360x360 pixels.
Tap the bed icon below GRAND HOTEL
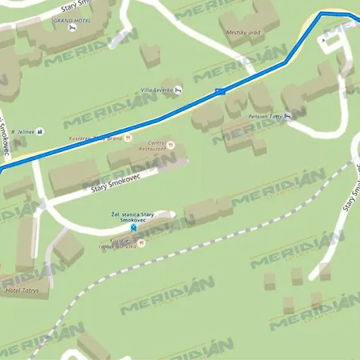pyautogui.click(x=74, y=29)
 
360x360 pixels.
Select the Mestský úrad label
pyautogui.click(x=244, y=33)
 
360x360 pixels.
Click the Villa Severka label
pyautogui.click(x=157, y=90)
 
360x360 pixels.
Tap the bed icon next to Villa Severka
pyautogui.click(x=178, y=89)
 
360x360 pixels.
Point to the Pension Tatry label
pyautogui.click(x=265, y=117)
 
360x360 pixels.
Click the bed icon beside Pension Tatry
pyautogui.click(x=288, y=116)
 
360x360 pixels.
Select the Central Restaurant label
pyautogui.click(x=153, y=146)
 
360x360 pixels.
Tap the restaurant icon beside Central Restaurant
pyautogui.click(x=172, y=145)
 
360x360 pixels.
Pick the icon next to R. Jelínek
pyautogui.click(x=42, y=131)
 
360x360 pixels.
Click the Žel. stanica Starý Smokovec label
pyautogui.click(x=133, y=218)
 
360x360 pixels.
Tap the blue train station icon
pyautogui.click(x=133, y=228)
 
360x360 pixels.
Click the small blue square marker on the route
pyautogui.click(x=219, y=92)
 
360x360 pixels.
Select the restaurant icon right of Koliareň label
pyautogui.click(x=127, y=138)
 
